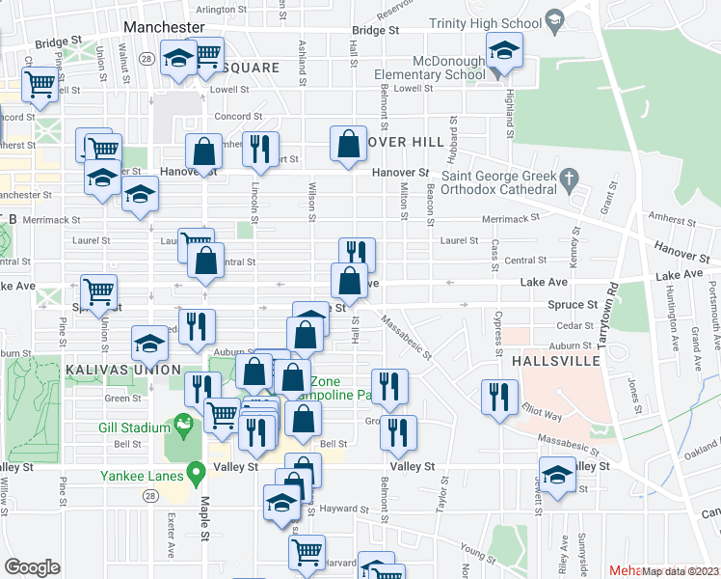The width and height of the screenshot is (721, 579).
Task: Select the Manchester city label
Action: (165, 27)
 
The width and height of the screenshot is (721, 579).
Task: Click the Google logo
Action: (32, 567)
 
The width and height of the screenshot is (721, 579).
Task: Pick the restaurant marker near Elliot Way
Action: (498, 398)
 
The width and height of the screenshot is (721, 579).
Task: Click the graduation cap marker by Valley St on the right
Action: (556, 477)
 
